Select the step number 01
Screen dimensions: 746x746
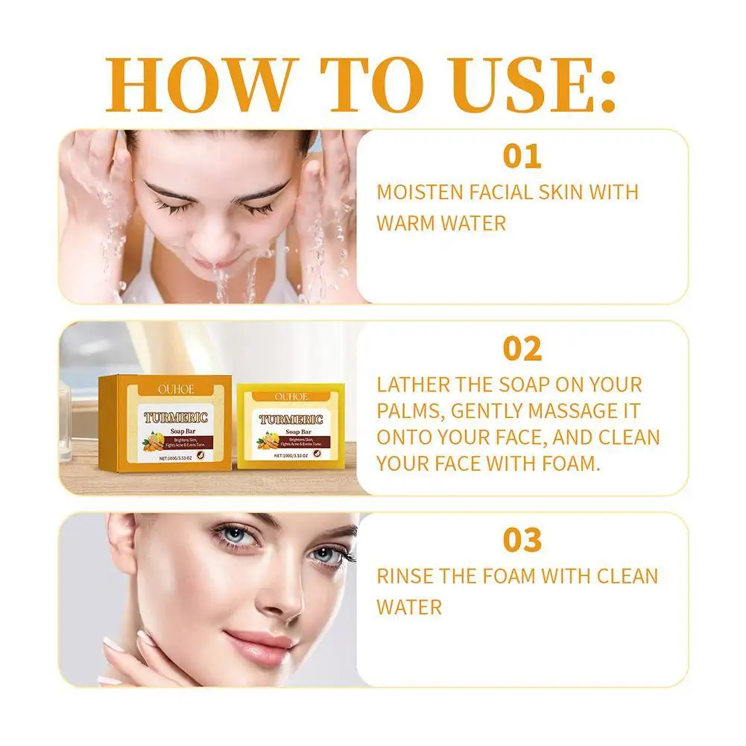[522, 157]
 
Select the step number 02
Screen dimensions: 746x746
[522, 349]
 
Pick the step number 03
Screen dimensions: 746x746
[522, 540]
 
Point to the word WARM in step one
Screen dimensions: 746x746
[408, 222]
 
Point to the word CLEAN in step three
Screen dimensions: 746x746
[627, 575]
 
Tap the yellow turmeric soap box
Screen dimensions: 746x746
[291, 425]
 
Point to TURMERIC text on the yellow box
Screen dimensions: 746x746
[291, 420]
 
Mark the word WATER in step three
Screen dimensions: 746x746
[409, 606]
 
